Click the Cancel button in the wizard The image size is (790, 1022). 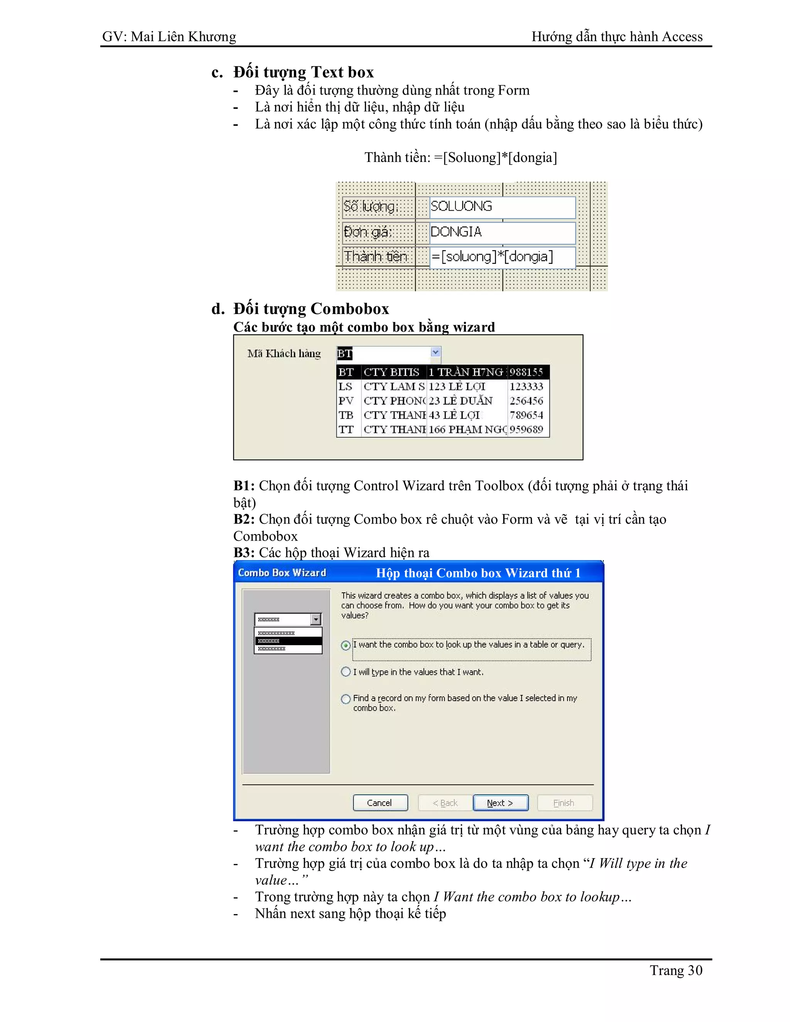(x=380, y=803)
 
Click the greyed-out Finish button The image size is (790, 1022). (x=564, y=803)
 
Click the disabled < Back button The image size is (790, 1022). (x=445, y=803)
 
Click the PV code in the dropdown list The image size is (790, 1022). (x=346, y=401)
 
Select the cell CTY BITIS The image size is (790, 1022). (x=392, y=372)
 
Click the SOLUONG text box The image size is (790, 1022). (x=502, y=207)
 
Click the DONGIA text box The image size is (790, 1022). (x=502, y=232)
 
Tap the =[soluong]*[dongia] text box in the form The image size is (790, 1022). (x=502, y=257)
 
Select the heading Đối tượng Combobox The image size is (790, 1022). (x=311, y=309)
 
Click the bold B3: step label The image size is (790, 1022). (x=244, y=553)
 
